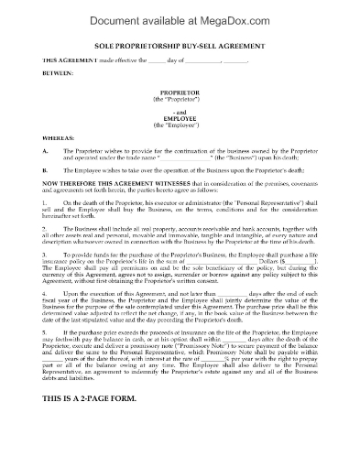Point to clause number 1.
[x=44, y=201]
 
